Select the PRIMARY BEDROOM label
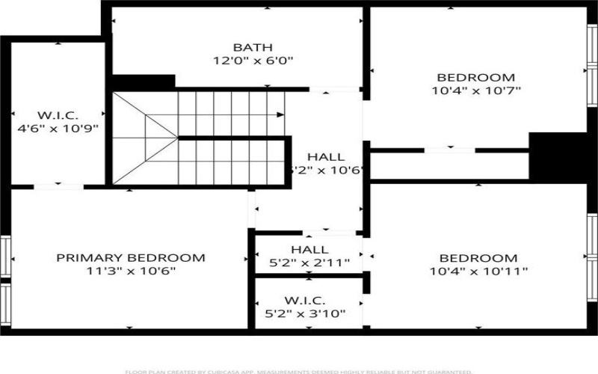coord(131,258)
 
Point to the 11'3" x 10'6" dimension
coord(131,272)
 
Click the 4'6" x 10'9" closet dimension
coord(58,129)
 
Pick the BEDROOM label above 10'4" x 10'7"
coord(476,77)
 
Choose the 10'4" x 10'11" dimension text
coord(479,272)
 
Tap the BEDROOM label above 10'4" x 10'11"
coord(479,258)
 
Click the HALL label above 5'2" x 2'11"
coord(309,250)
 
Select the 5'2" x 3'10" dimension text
coord(305,314)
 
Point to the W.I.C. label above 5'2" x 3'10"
coord(305,301)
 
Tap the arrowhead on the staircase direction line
coord(280,115)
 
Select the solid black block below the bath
coord(144,81)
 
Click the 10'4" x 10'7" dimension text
coord(476,91)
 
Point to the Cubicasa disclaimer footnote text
coord(298,371)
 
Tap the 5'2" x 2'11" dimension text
coord(309,263)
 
